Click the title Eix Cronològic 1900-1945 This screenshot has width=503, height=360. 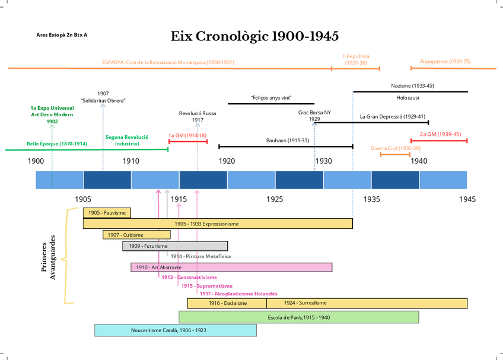coord(254,36)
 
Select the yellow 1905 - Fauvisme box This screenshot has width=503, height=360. coord(107,213)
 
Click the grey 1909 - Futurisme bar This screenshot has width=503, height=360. coord(175,246)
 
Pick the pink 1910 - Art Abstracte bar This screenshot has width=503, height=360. coord(231,267)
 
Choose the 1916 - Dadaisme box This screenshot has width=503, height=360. coord(226,303)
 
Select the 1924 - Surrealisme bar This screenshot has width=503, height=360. coord(367,303)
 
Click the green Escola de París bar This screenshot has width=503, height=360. coord(299,317)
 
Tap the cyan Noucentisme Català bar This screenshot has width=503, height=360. coord(176,330)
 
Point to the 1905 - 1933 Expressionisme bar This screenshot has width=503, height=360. coord(218,224)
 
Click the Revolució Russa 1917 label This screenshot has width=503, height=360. coord(198,116)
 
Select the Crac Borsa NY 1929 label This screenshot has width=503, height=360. coord(314,116)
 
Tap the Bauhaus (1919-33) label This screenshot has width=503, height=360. coord(288,141)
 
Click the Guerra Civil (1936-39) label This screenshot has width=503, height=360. coord(395,148)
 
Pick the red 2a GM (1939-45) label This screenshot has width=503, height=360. coord(440,134)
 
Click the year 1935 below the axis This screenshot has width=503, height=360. coord(372,199)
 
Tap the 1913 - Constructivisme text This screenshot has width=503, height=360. coord(189,278)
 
